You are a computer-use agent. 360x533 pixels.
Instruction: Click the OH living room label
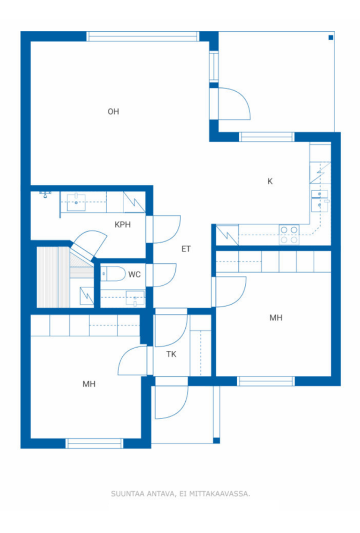(113, 111)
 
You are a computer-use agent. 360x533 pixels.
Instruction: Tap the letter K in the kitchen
(270, 181)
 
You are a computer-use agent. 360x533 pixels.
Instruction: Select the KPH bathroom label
(123, 225)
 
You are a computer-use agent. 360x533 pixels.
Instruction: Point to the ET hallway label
(186, 249)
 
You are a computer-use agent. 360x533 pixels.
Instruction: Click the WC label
(135, 274)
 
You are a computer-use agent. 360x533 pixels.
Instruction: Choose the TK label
(172, 354)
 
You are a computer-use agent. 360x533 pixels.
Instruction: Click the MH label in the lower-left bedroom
(89, 384)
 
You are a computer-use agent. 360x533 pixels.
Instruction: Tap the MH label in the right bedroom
(276, 318)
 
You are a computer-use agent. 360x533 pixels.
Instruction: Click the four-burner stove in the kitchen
(289, 235)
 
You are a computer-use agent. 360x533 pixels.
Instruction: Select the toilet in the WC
(113, 274)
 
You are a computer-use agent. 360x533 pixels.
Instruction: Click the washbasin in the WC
(135, 298)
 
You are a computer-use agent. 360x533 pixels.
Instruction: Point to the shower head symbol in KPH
(45, 194)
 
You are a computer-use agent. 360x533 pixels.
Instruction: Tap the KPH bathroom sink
(76, 202)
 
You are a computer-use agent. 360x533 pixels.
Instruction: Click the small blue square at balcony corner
(331, 37)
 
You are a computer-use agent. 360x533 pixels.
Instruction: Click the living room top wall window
(143, 36)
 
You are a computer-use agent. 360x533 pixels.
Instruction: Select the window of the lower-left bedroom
(94, 443)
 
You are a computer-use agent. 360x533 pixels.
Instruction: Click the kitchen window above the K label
(266, 137)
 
